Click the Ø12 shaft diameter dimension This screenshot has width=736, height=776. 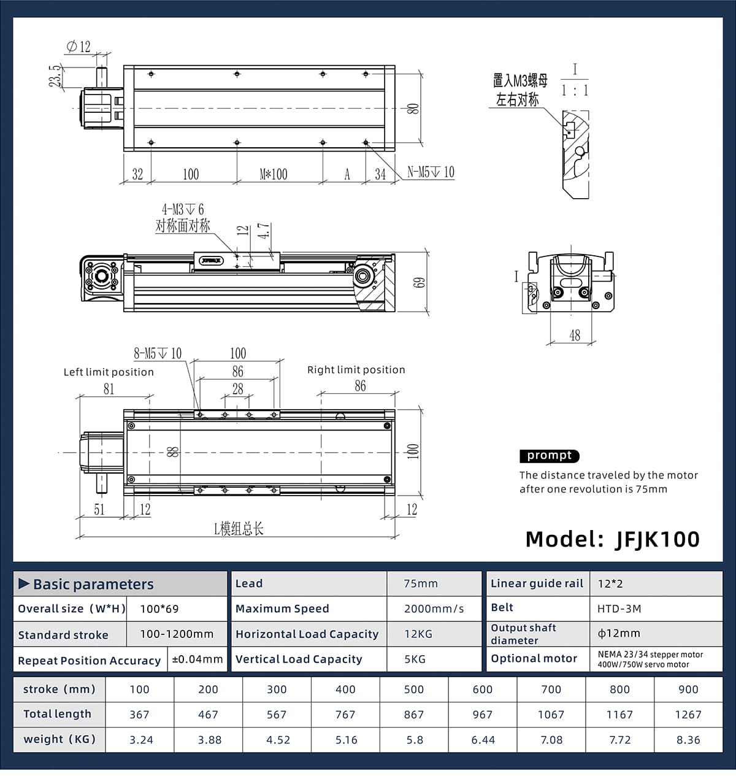79,47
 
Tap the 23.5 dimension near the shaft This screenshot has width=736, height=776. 55,76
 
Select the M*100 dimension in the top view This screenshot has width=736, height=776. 274,174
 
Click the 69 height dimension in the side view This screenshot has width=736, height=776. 419,283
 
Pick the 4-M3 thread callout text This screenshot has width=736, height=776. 183,210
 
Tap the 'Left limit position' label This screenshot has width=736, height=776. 109,372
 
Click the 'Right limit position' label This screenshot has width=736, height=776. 356,370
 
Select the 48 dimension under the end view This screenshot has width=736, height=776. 575,336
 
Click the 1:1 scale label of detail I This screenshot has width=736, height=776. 575,91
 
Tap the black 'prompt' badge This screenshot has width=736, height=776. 549,456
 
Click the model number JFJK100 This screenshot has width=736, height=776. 657,539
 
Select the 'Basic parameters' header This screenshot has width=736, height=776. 93,584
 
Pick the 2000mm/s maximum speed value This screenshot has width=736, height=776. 434,609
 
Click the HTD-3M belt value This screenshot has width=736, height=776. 619,609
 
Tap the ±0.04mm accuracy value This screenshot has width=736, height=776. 197,659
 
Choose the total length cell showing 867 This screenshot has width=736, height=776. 414,715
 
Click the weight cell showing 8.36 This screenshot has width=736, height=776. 688,740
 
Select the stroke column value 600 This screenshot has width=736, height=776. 483,690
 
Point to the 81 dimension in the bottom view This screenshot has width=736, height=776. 109,389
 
